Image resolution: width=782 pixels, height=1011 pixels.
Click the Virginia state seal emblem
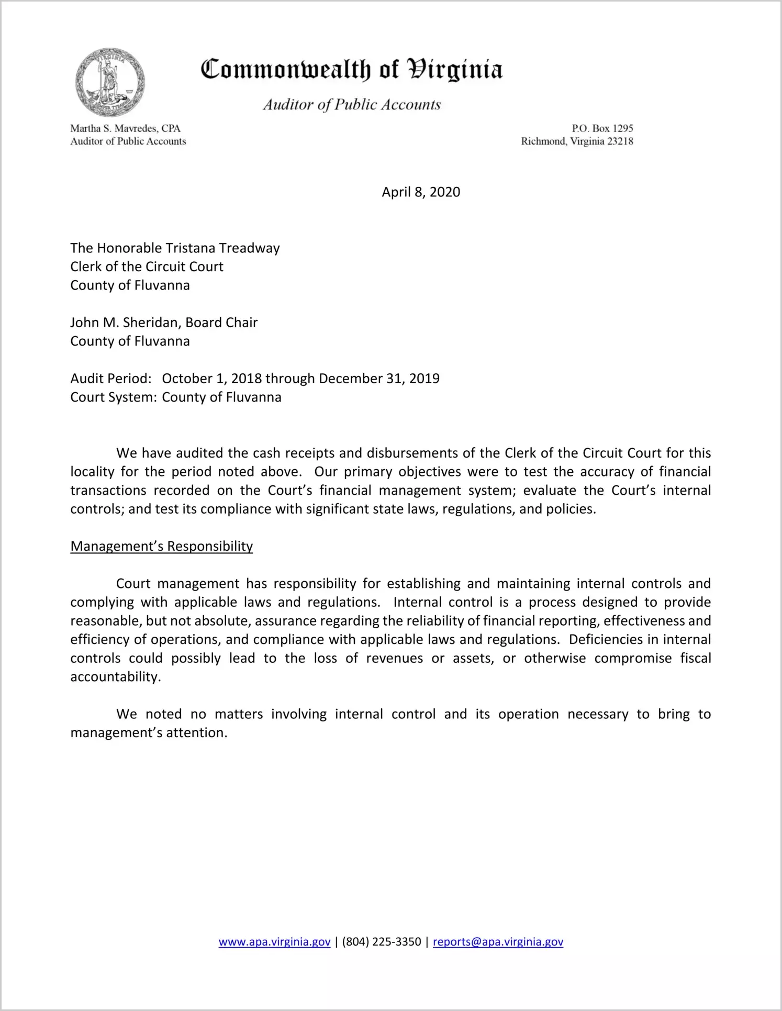109,82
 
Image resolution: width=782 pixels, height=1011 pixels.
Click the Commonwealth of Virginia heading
352,70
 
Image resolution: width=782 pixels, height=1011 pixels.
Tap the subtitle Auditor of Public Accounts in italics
352,105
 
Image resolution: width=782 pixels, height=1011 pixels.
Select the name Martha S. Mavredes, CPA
125,128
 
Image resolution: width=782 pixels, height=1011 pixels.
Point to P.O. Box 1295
602,128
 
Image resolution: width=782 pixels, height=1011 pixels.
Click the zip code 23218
620,141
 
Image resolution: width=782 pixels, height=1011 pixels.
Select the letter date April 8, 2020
421,192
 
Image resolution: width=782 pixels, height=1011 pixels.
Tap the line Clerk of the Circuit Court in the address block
147,267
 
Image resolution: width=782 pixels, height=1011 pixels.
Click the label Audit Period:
111,379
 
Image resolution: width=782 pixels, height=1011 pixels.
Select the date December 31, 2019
379,379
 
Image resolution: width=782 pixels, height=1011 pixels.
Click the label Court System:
114,397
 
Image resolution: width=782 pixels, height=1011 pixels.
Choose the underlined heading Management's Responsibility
161,547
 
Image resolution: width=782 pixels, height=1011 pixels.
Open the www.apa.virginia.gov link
274,942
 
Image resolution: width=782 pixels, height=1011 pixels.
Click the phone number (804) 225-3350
382,942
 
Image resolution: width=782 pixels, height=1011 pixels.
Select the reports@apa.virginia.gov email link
498,942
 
